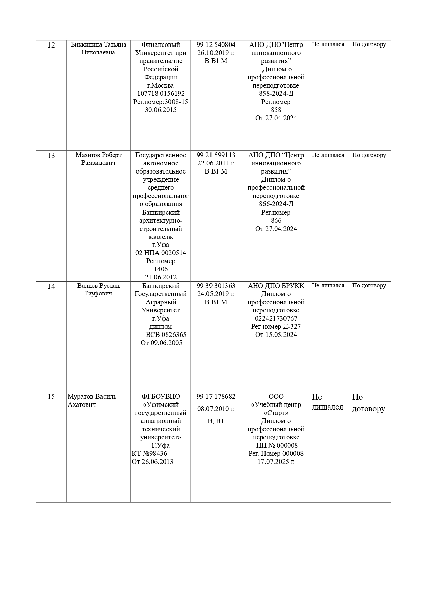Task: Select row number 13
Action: coord(51,156)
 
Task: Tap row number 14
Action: coord(51,286)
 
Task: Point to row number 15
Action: coord(51,396)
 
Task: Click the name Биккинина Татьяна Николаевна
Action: coord(98,48)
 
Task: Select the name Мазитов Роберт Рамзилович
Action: coord(98,159)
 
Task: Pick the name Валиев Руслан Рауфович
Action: coord(98,289)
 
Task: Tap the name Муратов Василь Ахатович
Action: coord(92,400)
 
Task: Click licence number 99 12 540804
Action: coord(216,44)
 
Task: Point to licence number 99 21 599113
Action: coord(216,155)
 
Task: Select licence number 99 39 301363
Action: coord(216,286)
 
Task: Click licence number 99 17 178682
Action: coord(216,396)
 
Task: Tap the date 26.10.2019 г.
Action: coord(216,53)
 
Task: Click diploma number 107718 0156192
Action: coord(161,93)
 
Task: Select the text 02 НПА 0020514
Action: coord(161,253)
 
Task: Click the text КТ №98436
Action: coord(149,453)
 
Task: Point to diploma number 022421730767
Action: coord(276,318)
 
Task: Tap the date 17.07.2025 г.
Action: coord(276,462)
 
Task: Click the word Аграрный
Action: coord(161,302)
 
